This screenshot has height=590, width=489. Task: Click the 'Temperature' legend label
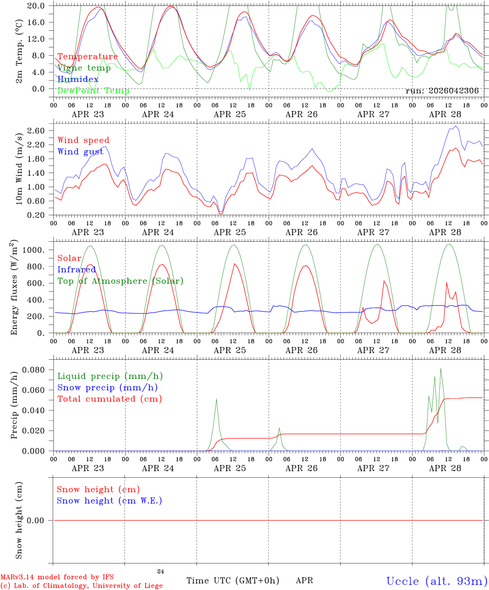coord(88,57)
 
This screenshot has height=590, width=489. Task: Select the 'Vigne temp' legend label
coord(84,68)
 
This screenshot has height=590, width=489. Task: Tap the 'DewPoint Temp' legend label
coord(93,91)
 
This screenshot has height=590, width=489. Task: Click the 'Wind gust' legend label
coord(80,152)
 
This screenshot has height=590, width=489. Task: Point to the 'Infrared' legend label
coord(77,270)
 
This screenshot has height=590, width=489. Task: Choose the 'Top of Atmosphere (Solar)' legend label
coord(120,281)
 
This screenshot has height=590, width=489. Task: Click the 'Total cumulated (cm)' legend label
coord(110,399)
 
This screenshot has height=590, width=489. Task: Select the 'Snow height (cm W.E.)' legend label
coord(109,500)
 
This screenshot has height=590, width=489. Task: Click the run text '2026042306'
coord(453,91)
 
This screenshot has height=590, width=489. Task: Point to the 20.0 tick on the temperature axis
coord(36,6)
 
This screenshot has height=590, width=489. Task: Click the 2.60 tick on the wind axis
coord(36,131)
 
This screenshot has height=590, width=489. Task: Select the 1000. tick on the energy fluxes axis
coord(34,250)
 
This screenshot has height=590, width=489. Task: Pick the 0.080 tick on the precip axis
coord(34,370)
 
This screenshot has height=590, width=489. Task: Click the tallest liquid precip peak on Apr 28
coord(441,368)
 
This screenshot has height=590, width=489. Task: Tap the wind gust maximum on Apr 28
coord(456,126)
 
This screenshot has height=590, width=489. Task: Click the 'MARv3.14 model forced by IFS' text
coord(57,577)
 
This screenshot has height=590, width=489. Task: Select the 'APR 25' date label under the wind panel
coord(230,232)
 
